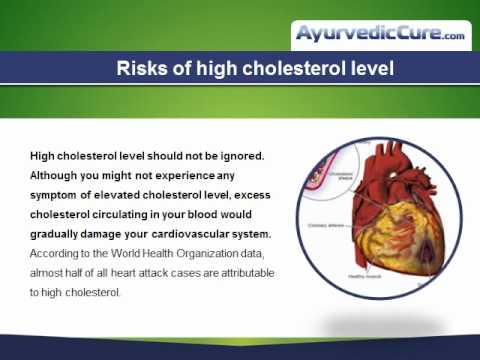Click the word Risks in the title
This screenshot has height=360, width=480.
coord(140,69)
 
